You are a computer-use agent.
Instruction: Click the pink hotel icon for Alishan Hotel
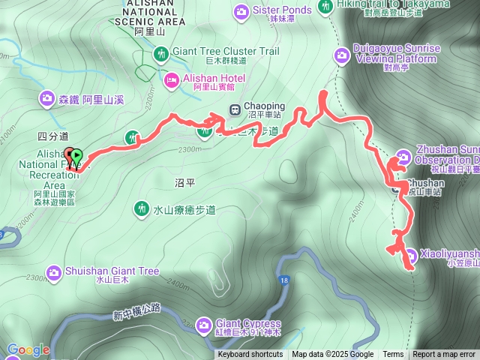point(172,79)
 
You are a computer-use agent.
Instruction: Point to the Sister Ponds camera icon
point(241,10)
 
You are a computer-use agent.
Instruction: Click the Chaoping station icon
point(235,109)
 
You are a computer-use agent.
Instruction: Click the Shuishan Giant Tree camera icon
point(53,271)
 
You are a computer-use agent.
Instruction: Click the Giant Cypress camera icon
point(203,325)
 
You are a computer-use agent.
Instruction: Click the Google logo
point(28,349)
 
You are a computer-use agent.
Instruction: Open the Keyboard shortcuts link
point(250,355)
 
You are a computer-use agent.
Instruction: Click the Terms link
point(393,355)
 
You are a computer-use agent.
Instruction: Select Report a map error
point(444,355)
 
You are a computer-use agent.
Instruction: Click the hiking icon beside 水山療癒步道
point(141,208)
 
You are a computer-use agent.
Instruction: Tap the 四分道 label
point(52,136)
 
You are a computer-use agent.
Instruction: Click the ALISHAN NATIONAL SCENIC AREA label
point(152,13)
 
